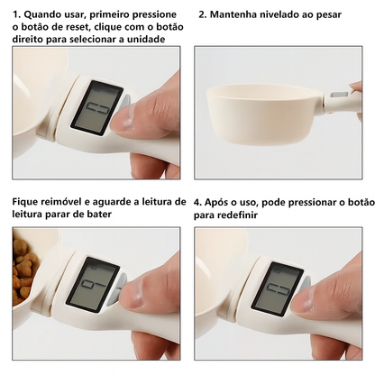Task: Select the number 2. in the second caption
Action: (x=203, y=14)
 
